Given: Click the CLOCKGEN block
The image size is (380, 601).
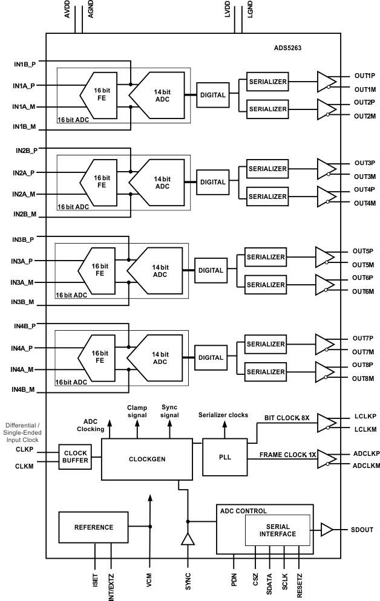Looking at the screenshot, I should coord(146,459).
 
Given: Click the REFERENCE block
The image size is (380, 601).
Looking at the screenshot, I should coord(94,527).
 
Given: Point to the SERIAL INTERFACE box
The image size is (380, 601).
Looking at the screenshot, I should coord(277,530).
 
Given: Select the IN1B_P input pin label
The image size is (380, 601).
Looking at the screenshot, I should coord(25,63).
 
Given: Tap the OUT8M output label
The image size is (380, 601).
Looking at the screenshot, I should coord(364,378).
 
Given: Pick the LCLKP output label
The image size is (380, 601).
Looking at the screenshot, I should coord(365,417).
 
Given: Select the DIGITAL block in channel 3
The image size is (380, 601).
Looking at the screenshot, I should coord(210,270).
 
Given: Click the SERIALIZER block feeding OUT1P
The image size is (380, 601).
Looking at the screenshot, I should coord(267,80).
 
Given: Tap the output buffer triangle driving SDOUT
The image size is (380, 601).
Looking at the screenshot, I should coord(326,530).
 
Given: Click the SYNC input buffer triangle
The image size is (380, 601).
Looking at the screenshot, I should coord(188,539).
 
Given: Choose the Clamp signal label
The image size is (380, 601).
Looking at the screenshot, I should coord(136,412).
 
